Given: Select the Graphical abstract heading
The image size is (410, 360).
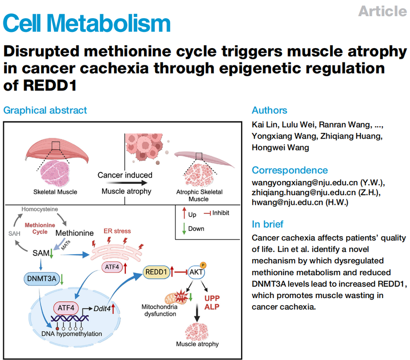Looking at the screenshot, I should coord(45,110).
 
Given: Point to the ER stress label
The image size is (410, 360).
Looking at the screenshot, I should coord(117,231).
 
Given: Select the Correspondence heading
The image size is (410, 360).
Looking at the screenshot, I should coord(289,170).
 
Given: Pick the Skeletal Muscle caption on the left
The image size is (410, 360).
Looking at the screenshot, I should coord(55,192).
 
